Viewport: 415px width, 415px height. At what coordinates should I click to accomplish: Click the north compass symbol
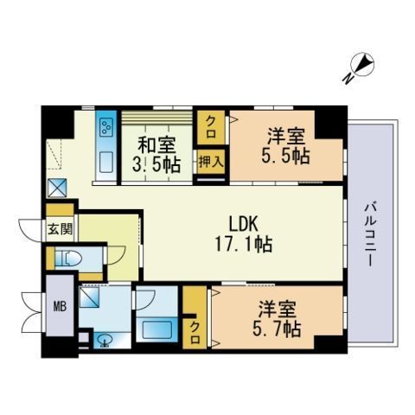[x=361, y=65]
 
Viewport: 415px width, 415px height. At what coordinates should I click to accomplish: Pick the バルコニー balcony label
[x=369, y=233]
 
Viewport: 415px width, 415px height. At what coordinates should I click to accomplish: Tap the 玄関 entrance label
[x=60, y=230]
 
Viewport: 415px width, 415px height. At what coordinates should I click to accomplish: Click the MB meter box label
[x=61, y=304]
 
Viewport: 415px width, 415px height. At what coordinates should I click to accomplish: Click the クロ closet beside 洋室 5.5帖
[x=210, y=128]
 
